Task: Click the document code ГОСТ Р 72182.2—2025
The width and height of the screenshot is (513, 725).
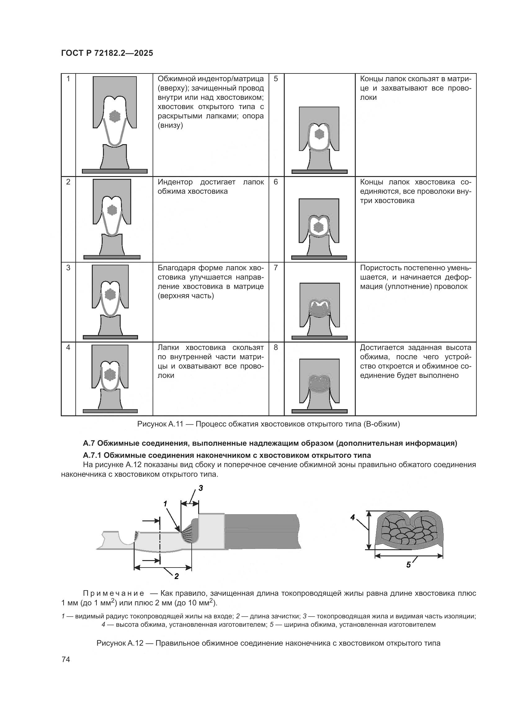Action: pos(107,53)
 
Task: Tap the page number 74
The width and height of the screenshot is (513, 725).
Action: pos(66,660)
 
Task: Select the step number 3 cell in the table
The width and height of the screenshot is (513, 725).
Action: pos(68,268)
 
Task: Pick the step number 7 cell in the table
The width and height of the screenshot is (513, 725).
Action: pos(276,268)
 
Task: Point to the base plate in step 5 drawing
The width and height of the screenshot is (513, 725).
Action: pos(319,172)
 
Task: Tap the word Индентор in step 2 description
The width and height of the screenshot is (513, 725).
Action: pos(175,182)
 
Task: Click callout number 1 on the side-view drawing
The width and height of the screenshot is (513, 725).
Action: pos(165,504)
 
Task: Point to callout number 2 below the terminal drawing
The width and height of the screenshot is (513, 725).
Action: pos(176,576)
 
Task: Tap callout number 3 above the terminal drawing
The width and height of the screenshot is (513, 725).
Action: pos(201,488)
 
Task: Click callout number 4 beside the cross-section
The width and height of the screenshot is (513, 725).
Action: pos(353,517)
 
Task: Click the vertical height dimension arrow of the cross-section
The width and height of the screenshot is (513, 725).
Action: pos(368,530)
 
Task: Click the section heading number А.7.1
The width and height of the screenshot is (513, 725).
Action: pos(92,455)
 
